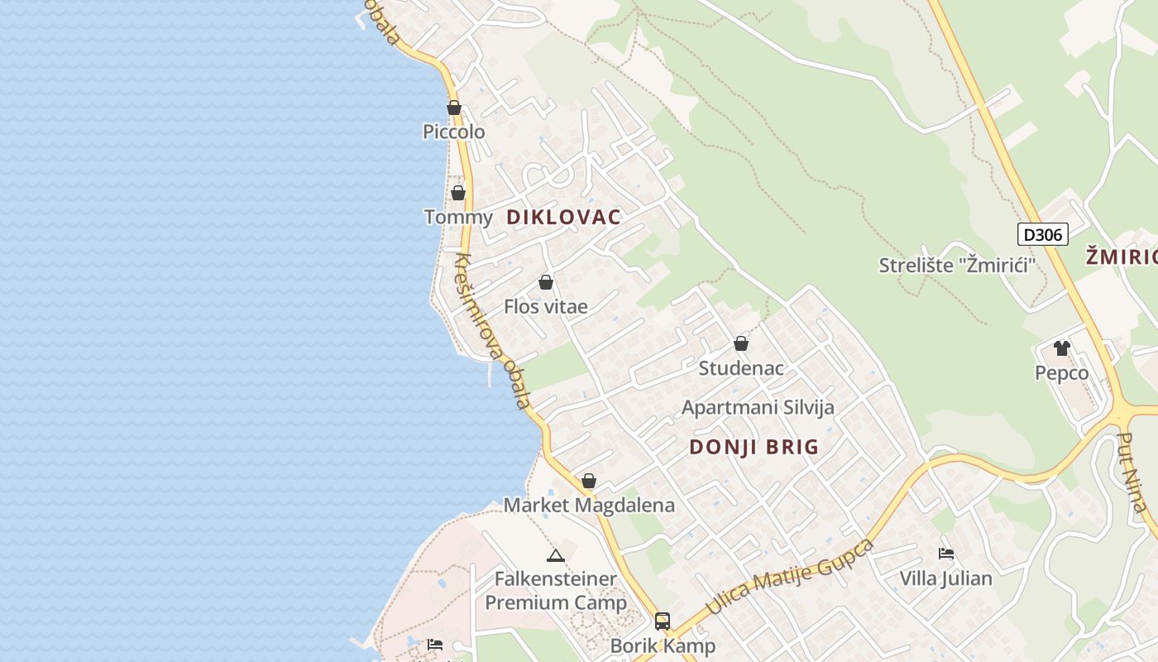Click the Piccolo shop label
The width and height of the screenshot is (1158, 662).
(x=453, y=132)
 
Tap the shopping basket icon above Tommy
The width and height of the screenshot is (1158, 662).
(x=458, y=193)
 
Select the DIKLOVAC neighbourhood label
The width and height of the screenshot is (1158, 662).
(x=563, y=218)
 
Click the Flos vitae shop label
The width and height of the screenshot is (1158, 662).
(x=546, y=307)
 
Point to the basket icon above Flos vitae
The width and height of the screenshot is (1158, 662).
(x=546, y=282)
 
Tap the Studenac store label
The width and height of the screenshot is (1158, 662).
(x=741, y=368)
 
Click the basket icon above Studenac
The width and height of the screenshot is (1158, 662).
(x=741, y=343)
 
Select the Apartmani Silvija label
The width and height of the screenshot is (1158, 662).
(x=758, y=408)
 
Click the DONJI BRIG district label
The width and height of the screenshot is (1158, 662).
(x=754, y=448)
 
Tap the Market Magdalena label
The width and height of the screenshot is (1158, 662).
(x=589, y=506)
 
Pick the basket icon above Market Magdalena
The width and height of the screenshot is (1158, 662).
(x=589, y=481)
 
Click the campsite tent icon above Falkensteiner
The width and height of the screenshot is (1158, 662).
(x=556, y=554)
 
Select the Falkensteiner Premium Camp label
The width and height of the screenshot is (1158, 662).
(x=556, y=591)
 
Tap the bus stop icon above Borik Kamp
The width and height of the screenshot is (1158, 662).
(x=663, y=621)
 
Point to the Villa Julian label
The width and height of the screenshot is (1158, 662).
(x=945, y=578)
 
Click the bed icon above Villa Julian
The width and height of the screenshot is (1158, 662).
(x=946, y=553)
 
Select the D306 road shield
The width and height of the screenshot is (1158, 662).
(x=1042, y=235)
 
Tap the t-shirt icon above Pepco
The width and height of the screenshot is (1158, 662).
(x=1062, y=348)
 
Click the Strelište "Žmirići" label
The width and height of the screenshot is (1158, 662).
(x=958, y=266)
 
